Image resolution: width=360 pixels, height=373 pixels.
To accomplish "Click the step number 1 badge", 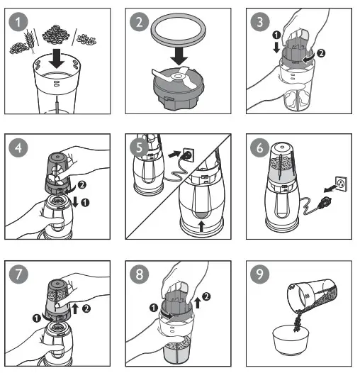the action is point(18,22).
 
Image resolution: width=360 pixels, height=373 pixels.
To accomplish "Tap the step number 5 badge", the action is point(140,147).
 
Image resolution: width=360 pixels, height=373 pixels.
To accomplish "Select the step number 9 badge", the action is point(260,274).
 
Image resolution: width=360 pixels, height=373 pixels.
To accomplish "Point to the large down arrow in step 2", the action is point(179,56).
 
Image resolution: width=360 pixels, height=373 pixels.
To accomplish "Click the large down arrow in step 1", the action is point(57,58).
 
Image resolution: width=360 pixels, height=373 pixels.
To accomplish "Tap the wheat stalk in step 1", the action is point(30,40).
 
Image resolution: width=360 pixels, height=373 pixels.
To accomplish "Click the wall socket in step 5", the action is point(189,155).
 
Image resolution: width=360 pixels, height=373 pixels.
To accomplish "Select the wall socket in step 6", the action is point(341,184).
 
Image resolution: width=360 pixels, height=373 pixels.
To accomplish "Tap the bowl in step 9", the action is point(291,340).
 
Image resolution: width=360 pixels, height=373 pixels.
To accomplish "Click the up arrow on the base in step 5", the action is point(202,226).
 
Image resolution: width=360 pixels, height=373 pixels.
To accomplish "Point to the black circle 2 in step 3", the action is point(321,53).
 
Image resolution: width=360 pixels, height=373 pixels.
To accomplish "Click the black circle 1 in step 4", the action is point(85,203).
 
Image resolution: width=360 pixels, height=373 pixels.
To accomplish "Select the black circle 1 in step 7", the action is point(37,318).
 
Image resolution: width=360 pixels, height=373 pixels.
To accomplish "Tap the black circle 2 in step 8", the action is point(206,296).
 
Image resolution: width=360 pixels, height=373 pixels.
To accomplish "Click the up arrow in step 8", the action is point(197,303).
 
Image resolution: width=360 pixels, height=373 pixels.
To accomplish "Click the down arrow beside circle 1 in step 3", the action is point(276,48).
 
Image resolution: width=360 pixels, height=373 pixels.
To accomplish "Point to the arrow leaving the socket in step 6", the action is point(330,189).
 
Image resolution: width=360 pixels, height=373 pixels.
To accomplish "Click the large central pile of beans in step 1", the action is point(56,35).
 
